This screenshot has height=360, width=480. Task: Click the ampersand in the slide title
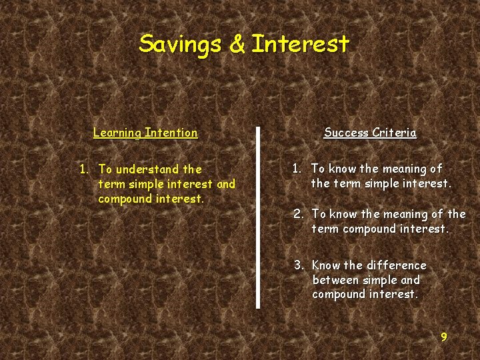pyautogui.click(x=237, y=44)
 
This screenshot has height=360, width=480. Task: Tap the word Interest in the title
pyautogui.click(x=301, y=44)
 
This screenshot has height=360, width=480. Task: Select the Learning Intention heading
pyautogui.click(x=145, y=133)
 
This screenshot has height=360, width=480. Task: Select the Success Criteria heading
pyautogui.click(x=370, y=133)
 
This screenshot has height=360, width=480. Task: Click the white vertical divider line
pyautogui.click(x=258, y=217)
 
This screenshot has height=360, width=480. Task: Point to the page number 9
pyautogui.click(x=444, y=337)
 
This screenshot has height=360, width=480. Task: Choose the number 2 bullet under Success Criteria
pyautogui.click(x=298, y=214)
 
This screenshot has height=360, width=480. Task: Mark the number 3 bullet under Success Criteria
pyautogui.click(x=298, y=265)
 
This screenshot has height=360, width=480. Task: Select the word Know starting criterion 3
pyautogui.click(x=326, y=265)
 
